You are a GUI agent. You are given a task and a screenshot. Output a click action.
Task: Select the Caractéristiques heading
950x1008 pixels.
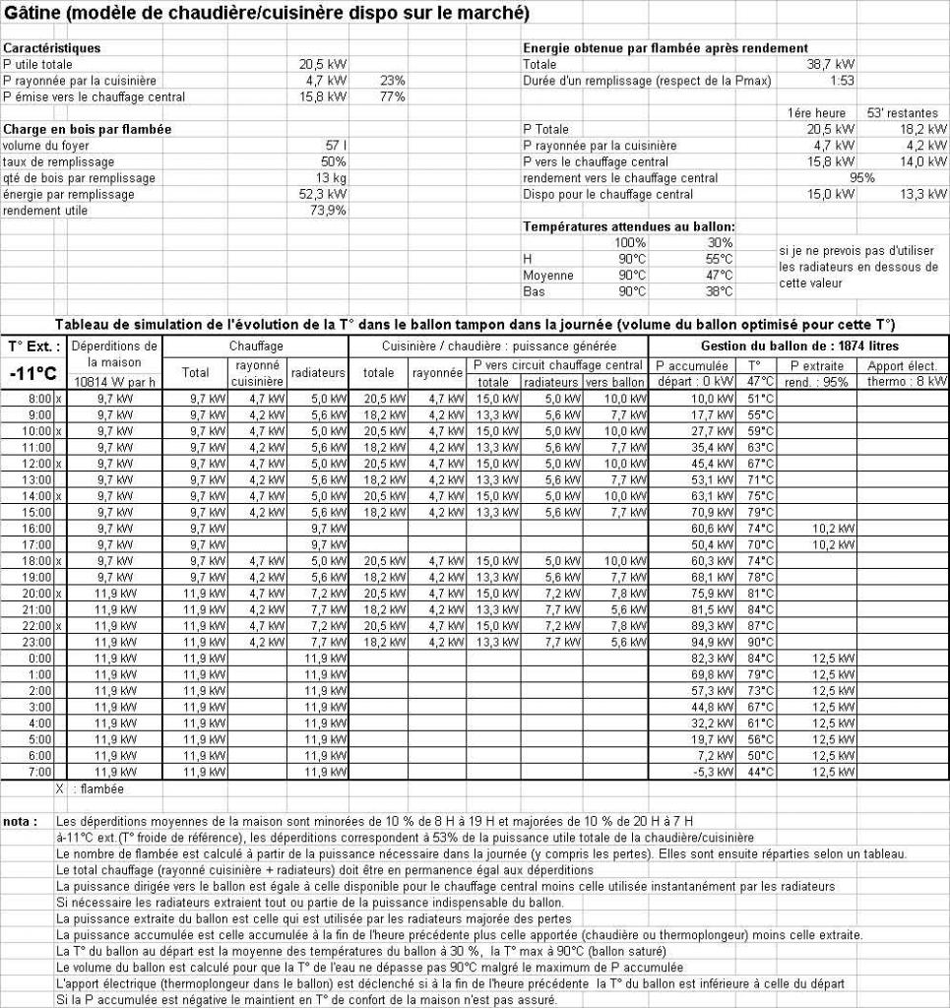pos(51,47)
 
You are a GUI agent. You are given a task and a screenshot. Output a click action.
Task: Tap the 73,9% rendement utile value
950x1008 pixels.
pos(328,210)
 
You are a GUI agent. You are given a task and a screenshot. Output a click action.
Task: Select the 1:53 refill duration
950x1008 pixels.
pos(842,81)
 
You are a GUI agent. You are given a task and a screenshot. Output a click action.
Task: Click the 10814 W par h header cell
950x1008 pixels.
pos(114,381)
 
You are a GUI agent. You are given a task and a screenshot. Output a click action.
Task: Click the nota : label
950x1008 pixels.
pos(21,821)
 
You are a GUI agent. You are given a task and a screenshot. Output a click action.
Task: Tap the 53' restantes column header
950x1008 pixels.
pos(903,113)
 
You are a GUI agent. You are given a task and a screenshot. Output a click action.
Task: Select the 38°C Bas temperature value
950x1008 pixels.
pos(719,291)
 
